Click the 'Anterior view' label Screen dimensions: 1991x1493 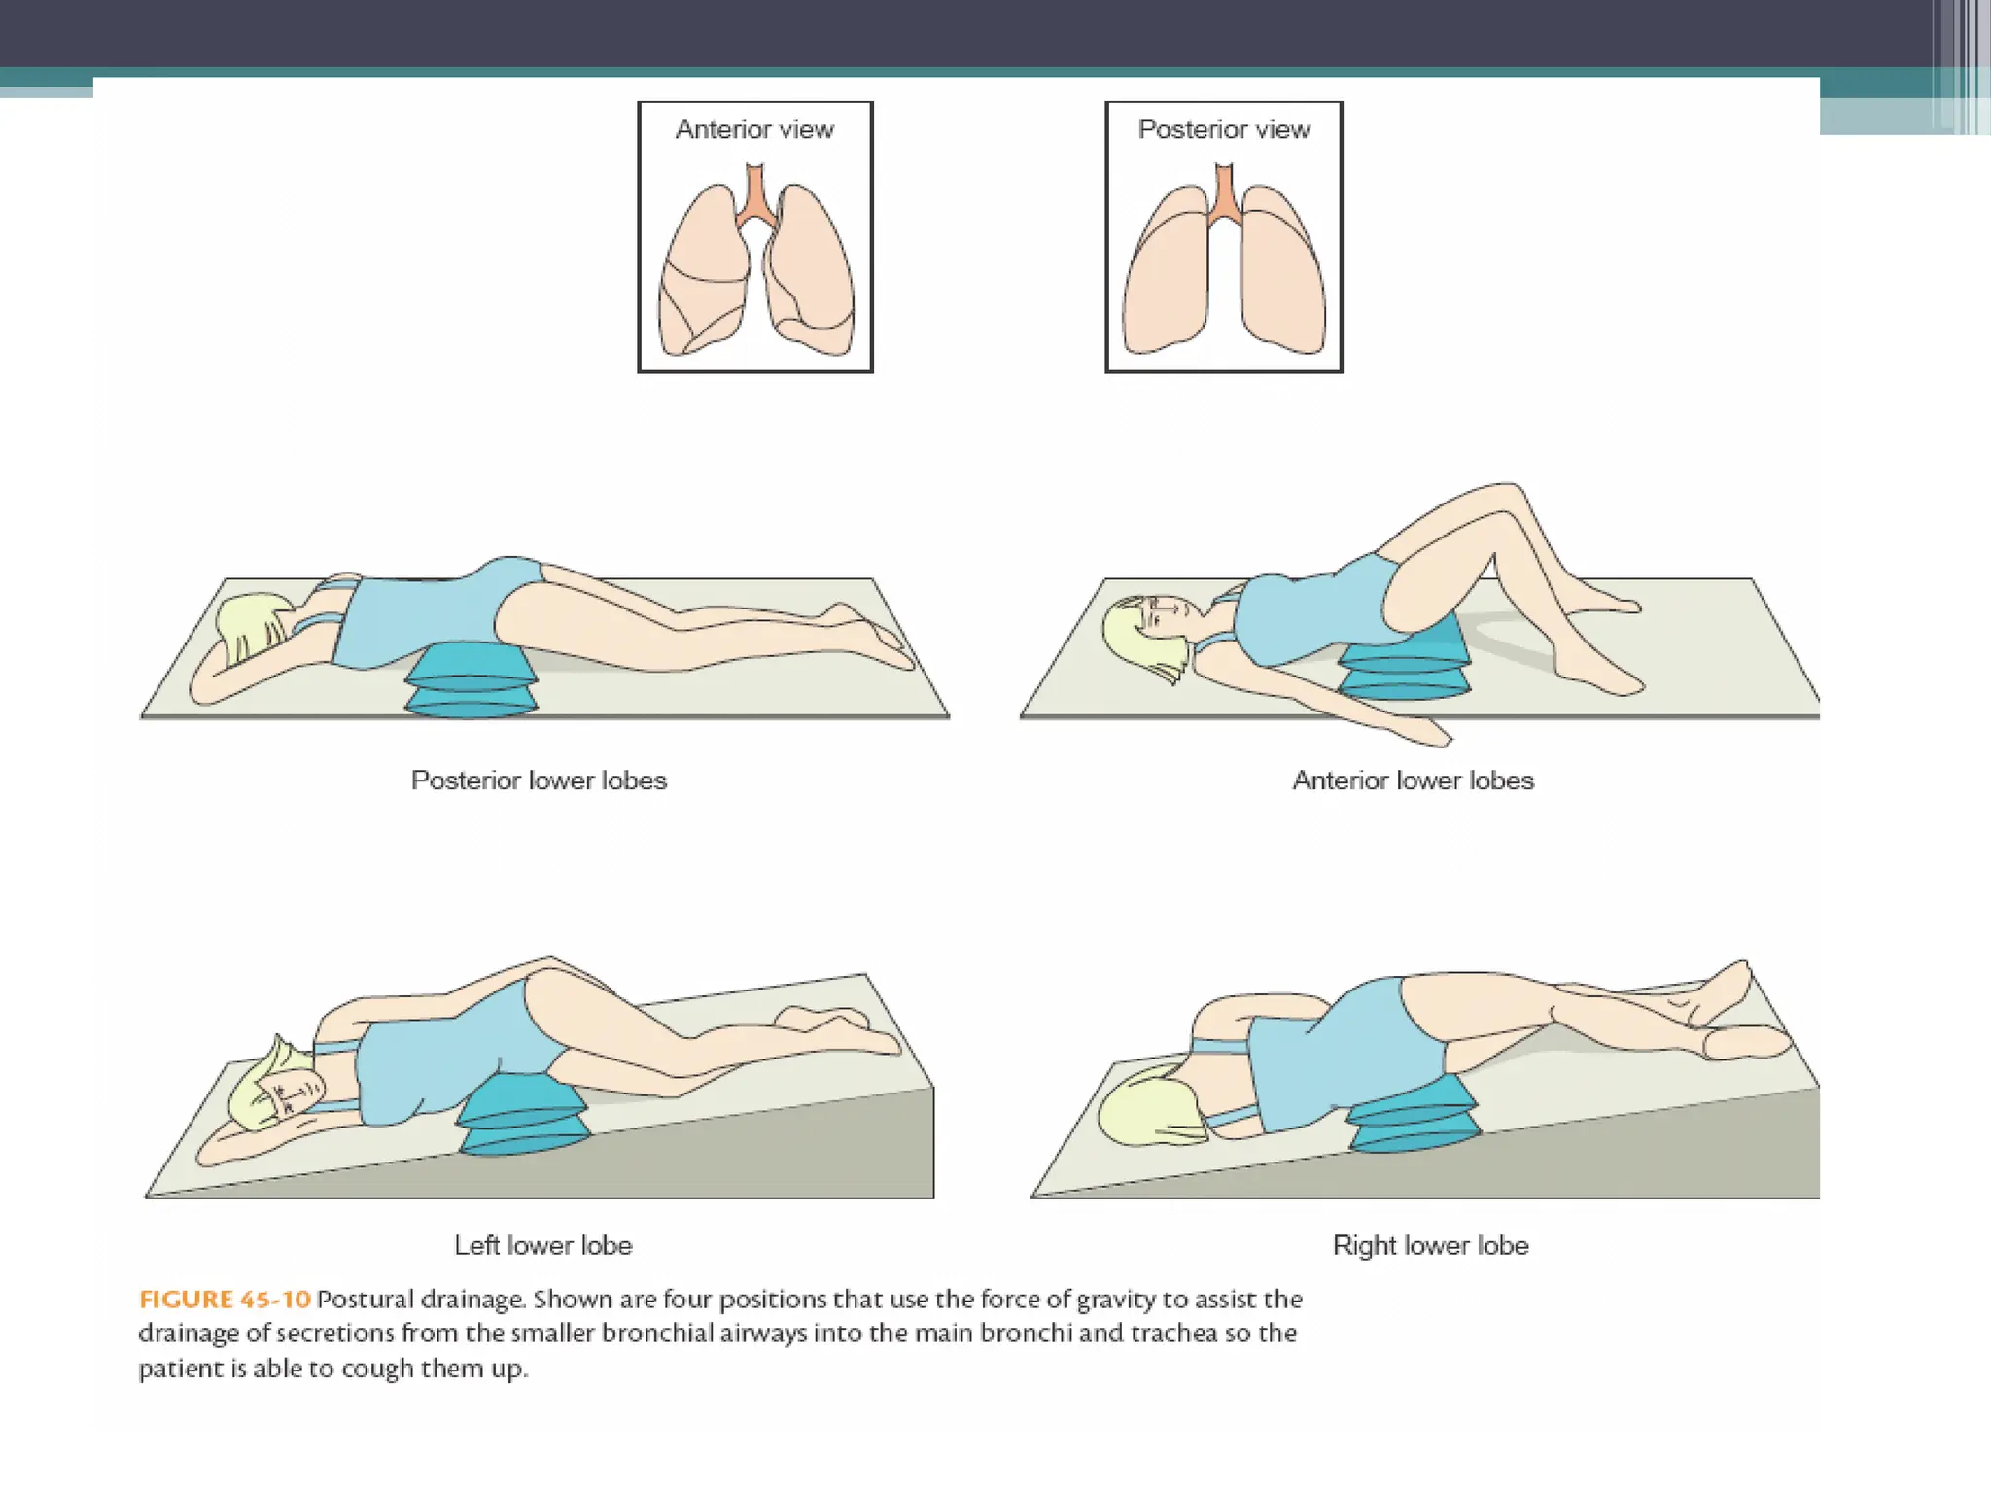[754, 129]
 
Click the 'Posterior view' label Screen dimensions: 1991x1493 [1224, 129]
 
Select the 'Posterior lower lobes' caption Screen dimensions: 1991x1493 [539, 781]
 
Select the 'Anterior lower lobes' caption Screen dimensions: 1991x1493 [1413, 781]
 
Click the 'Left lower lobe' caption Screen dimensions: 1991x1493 [543, 1245]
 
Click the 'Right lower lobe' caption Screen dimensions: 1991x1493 [1430, 1245]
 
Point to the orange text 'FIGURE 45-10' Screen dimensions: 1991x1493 [225, 1300]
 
